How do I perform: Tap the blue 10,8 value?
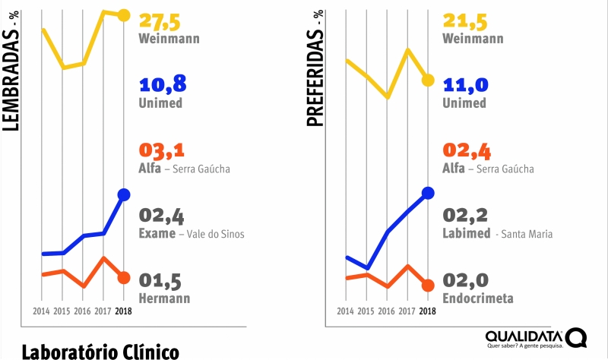pos(162,84)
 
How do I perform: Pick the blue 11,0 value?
pos(465,84)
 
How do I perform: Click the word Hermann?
pos(164,298)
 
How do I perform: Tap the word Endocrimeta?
pos(477,298)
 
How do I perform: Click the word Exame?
pos(157,234)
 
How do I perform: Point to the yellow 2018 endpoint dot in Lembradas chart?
pos(124,15)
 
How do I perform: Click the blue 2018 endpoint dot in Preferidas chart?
pos(428,193)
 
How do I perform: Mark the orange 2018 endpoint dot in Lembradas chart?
pos(124,277)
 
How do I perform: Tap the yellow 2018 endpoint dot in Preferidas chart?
pos(428,80)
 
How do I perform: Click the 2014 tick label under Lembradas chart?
pos(43,311)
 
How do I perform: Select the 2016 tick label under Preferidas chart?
pos(387,311)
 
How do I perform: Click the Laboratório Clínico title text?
pos(100,352)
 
